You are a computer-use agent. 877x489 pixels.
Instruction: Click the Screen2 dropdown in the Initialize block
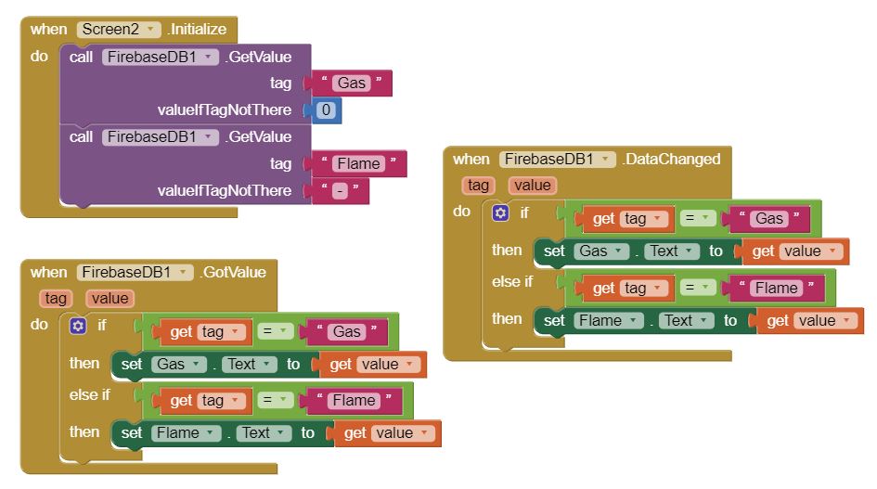119,29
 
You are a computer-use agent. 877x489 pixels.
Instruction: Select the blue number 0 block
326,110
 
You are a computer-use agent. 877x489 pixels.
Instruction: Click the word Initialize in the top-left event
198,29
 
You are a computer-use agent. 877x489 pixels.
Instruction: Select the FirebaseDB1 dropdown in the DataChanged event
557,159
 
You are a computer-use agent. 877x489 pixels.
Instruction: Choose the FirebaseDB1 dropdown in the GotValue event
135,272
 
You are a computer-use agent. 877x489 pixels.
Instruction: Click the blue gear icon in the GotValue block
78,326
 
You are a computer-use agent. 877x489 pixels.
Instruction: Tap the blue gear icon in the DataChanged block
500,212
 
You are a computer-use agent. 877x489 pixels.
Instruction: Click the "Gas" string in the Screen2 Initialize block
352,84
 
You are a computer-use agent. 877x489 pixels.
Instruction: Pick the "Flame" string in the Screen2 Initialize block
358,164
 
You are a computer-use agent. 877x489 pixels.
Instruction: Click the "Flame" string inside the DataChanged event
776,288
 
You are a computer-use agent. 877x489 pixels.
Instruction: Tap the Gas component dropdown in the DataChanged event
600,251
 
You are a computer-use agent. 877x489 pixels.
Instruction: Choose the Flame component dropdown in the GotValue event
183,432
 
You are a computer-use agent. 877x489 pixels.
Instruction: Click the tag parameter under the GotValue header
56,298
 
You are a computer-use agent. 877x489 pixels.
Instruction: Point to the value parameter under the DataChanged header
533,185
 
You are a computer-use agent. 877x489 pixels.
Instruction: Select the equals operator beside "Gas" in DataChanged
698,218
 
